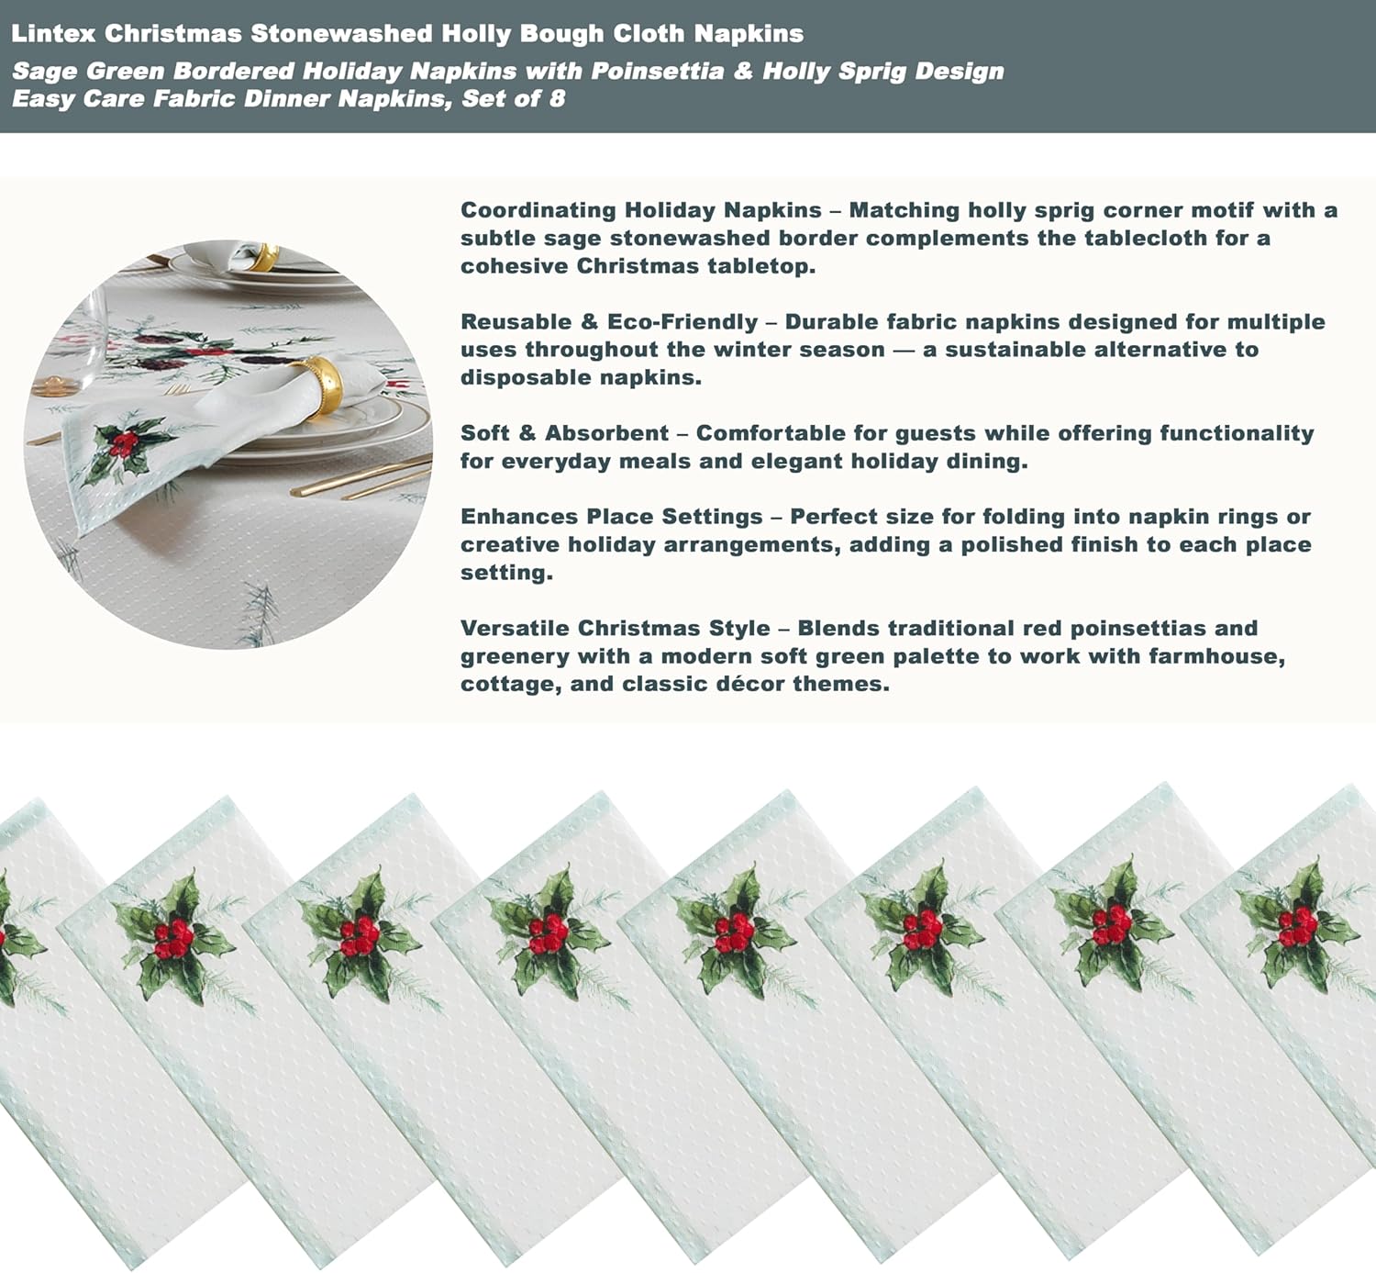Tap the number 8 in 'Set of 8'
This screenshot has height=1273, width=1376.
(x=557, y=99)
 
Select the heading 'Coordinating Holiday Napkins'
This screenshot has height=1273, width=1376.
(x=640, y=210)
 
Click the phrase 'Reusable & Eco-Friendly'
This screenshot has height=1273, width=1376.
(x=609, y=322)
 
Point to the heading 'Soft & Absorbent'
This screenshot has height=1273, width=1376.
(x=564, y=433)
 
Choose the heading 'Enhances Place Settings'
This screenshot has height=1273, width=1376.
(x=611, y=517)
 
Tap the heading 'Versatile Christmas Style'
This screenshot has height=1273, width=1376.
(x=615, y=629)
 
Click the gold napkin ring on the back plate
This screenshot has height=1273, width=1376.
(x=263, y=256)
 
